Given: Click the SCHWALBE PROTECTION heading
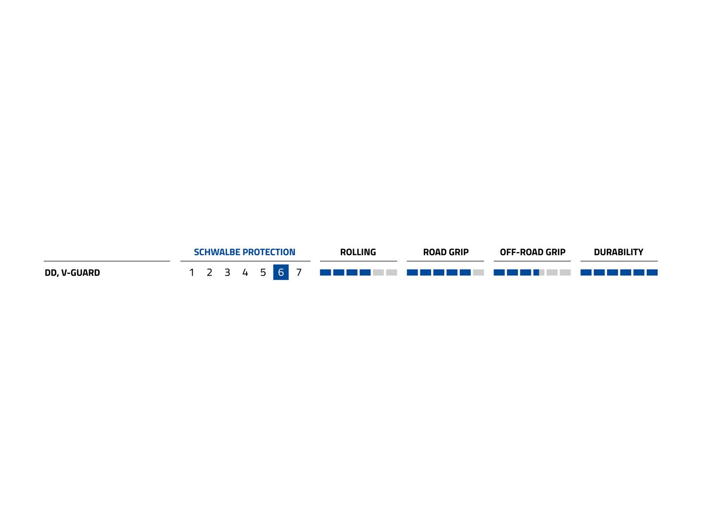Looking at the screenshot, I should click(244, 252).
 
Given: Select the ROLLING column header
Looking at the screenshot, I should click(358, 252).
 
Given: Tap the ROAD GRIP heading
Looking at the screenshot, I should click(446, 252).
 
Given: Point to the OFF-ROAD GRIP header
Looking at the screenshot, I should click(533, 252).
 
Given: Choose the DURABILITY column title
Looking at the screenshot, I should click(619, 252).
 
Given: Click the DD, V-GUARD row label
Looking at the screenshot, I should click(72, 273).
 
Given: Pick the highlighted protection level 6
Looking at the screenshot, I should click(281, 272).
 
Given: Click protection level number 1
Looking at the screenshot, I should click(192, 273).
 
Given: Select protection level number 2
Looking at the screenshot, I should click(209, 273).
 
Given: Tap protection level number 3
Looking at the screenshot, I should click(227, 273).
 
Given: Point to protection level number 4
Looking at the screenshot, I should click(245, 273).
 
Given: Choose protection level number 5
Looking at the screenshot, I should click(263, 273).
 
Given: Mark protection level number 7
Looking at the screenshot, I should click(299, 273).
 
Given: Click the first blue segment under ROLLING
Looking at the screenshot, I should click(326, 273).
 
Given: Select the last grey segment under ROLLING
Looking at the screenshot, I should click(391, 273).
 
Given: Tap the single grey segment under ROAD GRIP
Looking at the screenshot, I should click(478, 273).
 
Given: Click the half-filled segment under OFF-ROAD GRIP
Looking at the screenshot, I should click(539, 273).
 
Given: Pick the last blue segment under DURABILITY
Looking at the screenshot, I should click(652, 273).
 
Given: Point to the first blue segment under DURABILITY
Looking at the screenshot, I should click(586, 273).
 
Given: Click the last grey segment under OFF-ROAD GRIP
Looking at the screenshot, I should click(565, 273).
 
